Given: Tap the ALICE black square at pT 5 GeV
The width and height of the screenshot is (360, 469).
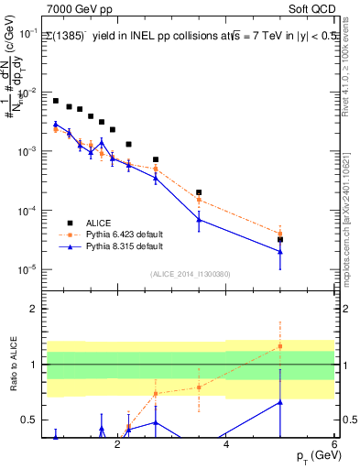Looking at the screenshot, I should coord(280,240).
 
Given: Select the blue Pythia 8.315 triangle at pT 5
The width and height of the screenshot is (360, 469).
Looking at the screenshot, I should coord(280,252).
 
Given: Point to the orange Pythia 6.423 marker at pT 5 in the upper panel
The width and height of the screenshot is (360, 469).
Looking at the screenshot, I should coord(280,233).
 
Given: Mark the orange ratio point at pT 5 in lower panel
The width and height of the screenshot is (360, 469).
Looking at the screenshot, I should coord(280,346).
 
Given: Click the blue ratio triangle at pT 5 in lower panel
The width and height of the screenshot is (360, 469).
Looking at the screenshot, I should coord(280,401).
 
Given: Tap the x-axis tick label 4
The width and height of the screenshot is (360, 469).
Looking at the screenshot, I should coord(225,442).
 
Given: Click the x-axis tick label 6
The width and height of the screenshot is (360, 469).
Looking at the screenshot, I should coord(334,442).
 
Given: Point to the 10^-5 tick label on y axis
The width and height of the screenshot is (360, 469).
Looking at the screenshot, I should coord(27,270).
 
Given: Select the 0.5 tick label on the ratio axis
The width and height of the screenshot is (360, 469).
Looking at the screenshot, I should coord(29,420).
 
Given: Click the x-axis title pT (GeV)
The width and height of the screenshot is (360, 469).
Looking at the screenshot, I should coord(312,456).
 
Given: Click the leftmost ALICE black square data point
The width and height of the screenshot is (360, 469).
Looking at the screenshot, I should coord(56,101).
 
